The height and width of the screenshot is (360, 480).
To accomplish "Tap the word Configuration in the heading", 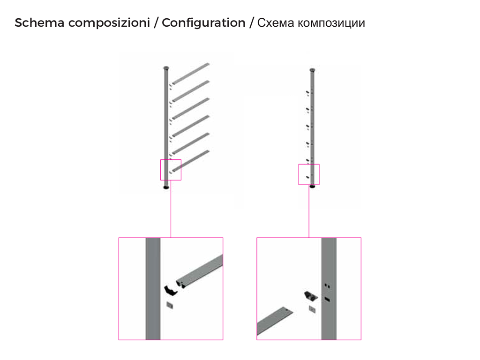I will (203, 23).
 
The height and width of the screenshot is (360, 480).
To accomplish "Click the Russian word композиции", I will (331, 23).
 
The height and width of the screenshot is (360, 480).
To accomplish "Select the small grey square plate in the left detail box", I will (170, 305).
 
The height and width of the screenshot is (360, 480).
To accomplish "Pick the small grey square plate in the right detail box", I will (312, 309).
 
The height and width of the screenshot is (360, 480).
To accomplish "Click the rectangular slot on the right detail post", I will (327, 299).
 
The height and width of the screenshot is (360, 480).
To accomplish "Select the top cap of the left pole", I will (166, 67).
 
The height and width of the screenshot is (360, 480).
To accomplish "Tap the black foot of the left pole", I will (166, 187).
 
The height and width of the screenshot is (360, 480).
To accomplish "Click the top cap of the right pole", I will (312, 70).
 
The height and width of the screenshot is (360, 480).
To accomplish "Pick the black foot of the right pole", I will (312, 187).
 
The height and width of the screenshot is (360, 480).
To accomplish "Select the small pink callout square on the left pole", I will (171, 170).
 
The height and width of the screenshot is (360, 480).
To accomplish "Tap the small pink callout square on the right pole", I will (309, 174).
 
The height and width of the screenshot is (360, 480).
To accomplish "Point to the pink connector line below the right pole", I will (309, 211).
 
